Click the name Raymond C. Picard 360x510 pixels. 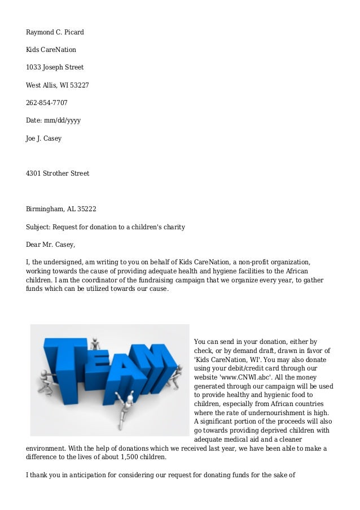coord(55,32)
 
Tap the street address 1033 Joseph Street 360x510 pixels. coord(55,67)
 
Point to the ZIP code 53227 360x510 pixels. coord(78,85)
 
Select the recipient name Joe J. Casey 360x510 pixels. coord(44,138)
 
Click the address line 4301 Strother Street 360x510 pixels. coord(58,173)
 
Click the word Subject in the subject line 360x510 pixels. coord(38,226)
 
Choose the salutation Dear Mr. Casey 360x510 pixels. coord(50,245)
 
